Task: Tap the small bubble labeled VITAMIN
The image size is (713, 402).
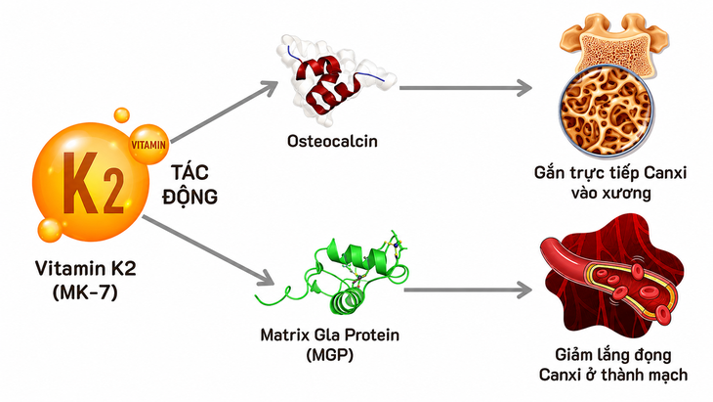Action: (148, 145)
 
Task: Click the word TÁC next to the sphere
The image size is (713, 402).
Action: (190, 172)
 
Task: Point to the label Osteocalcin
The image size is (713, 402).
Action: (332, 141)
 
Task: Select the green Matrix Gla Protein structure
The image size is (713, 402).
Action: (337, 273)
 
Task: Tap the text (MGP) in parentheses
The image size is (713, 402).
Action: (330, 354)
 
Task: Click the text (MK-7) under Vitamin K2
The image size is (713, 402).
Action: (85, 291)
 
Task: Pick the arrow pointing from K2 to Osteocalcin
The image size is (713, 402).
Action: (224, 112)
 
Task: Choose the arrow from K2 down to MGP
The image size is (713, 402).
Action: (208, 250)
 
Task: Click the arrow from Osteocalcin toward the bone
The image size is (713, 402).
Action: (466, 88)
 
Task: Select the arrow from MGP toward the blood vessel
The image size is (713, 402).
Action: (468, 290)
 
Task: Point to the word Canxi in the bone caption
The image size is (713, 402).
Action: (665, 172)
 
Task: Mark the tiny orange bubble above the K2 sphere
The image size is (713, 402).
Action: (121, 115)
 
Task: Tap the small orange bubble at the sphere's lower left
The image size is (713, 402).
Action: (49, 230)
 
